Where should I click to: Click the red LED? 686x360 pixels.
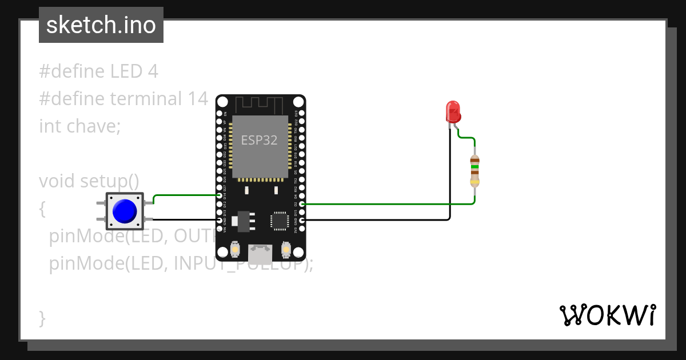[453, 111]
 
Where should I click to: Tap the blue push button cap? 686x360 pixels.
[125, 211]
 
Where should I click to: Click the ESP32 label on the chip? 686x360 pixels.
[259, 140]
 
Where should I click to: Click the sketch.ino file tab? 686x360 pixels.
[101, 25]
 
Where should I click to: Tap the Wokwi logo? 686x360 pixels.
[608, 315]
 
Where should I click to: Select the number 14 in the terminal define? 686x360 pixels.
[197, 99]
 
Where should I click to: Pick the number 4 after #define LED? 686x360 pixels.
[152, 71]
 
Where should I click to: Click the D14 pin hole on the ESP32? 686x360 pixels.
[220, 195]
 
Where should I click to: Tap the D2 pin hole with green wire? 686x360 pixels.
[302, 204]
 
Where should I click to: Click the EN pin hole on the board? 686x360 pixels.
[220, 114]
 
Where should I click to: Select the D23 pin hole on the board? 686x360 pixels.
[302, 114]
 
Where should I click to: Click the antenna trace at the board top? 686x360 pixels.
[260, 105]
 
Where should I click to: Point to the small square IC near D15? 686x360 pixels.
[280, 221]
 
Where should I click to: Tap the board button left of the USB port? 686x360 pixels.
[235, 250]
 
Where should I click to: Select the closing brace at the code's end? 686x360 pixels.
[42, 317]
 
